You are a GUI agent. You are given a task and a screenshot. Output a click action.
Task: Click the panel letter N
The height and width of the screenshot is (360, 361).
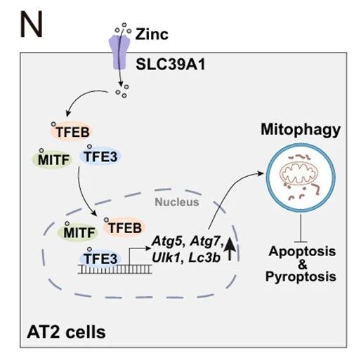[32, 25]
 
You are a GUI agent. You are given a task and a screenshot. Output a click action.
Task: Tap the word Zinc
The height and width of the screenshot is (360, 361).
[152, 34]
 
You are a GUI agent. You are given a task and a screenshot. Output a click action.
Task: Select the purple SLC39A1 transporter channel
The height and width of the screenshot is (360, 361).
[119, 52]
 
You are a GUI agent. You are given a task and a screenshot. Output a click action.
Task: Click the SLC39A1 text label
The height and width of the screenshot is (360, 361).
[171, 64]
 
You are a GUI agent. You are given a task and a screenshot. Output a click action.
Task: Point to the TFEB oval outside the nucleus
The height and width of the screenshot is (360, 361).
[72, 131]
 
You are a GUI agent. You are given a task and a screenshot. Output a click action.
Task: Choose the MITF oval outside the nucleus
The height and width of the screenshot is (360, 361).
[52, 159]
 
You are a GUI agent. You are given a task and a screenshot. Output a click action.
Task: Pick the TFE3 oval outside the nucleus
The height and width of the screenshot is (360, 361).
[100, 156]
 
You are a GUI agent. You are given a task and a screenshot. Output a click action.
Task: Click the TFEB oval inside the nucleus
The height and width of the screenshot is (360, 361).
[124, 227]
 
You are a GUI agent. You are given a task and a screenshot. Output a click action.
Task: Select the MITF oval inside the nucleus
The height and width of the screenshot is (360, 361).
[78, 232]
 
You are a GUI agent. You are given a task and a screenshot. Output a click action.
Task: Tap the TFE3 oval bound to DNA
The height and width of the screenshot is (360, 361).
[100, 258]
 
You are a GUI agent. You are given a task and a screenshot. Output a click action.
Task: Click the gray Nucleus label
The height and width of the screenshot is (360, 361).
[177, 202]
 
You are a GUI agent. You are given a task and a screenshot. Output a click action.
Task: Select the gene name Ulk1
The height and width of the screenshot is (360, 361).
[166, 258]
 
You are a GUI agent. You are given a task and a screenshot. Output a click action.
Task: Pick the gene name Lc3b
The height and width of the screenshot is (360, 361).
[204, 258]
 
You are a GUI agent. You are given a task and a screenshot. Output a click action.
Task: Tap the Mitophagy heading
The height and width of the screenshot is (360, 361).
[301, 129]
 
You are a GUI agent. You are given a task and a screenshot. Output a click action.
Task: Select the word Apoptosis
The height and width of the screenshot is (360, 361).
[302, 251]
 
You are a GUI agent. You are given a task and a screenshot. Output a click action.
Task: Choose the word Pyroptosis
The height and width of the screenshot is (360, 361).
[301, 276]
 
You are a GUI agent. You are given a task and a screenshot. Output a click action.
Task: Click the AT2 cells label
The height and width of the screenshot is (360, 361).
[66, 332]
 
